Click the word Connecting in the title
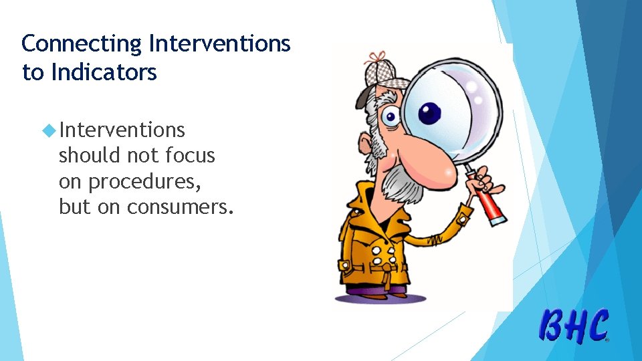tap(82, 44)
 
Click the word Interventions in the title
tap(219, 44)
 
